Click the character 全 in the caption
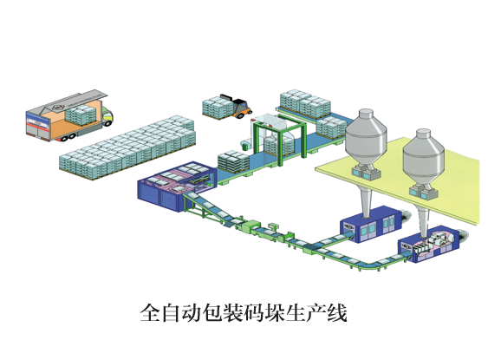point(151,312)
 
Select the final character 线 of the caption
point(337,312)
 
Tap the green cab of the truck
point(107,117)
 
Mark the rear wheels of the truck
point(68,137)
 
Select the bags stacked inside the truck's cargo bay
point(81,115)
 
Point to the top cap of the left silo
point(366,114)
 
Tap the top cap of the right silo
point(423,134)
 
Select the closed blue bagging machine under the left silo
point(371,225)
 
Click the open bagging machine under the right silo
point(429,245)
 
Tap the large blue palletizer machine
point(177,185)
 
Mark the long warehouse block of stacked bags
point(127,147)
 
